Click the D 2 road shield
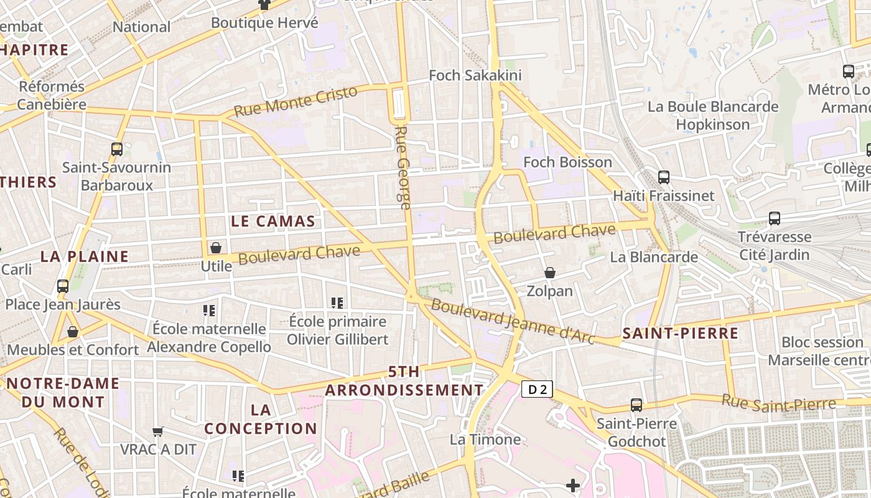click(x=536, y=390)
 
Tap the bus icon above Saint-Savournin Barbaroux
click(x=116, y=149)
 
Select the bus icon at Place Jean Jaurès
click(x=63, y=286)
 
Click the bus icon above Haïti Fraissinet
click(x=664, y=177)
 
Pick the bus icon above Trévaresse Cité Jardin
click(x=774, y=218)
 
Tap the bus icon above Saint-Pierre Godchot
click(x=636, y=405)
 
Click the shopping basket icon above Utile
click(x=216, y=248)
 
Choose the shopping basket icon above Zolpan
click(x=550, y=273)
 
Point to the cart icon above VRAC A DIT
click(x=158, y=431)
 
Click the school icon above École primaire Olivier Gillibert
click(x=337, y=303)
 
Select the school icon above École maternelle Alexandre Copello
click(x=209, y=310)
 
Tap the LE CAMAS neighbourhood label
click(x=273, y=221)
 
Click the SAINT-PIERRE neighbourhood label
click(x=681, y=333)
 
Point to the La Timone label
click(x=485, y=439)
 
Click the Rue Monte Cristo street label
click(x=296, y=101)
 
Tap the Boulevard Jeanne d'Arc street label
click(x=513, y=321)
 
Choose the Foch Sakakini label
click(x=475, y=75)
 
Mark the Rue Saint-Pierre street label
click(x=779, y=404)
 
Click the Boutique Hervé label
click(x=264, y=23)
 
